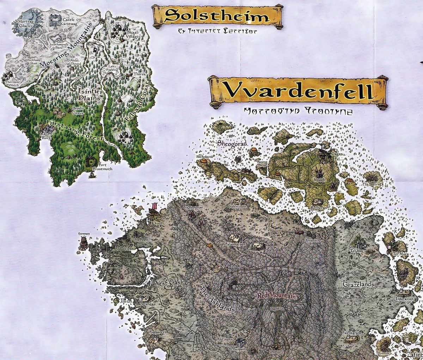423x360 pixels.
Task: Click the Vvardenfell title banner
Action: click(298, 91)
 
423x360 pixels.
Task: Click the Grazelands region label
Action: click(358, 284)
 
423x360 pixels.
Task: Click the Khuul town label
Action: click(156, 223)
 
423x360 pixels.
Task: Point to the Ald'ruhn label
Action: click(225, 340)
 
